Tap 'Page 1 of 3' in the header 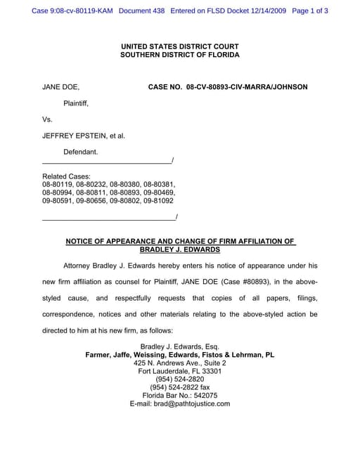point(309,11)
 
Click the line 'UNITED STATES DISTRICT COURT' point(179,46)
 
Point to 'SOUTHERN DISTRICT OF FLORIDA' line point(179,55)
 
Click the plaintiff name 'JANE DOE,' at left point(60,87)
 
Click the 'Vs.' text point(48,119)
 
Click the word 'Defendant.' point(81,152)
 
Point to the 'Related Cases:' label point(66,176)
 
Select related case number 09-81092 point(159,200)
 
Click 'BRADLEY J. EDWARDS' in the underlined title point(180,250)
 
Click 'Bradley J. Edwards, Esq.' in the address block point(180,347)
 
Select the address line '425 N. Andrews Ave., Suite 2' point(180,363)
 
